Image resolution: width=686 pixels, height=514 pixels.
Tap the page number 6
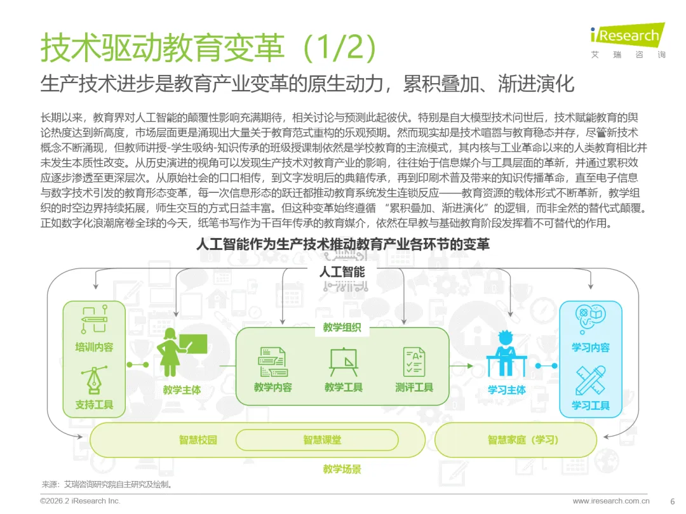click(x=673, y=501)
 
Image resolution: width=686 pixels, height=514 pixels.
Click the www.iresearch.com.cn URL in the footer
click(x=611, y=501)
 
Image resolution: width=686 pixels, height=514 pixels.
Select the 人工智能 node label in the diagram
click(x=342, y=272)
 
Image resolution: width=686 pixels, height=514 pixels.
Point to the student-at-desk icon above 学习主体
click(x=506, y=353)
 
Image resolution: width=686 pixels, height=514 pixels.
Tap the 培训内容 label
click(x=94, y=347)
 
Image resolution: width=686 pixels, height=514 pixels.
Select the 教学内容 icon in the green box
click(x=272, y=362)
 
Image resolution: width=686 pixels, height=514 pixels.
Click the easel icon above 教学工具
click(x=343, y=362)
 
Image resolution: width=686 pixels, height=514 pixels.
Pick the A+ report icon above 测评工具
click(x=414, y=362)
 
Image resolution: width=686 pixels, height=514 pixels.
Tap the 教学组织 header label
click(x=342, y=327)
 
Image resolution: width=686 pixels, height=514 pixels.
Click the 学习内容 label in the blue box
click(x=591, y=347)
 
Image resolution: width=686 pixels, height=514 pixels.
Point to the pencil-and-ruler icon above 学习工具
click(x=591, y=381)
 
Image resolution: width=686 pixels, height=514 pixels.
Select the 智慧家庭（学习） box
click(x=515, y=440)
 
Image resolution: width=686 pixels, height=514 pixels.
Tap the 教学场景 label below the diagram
click(x=342, y=470)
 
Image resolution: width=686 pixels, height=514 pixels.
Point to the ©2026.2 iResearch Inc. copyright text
click(x=80, y=501)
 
